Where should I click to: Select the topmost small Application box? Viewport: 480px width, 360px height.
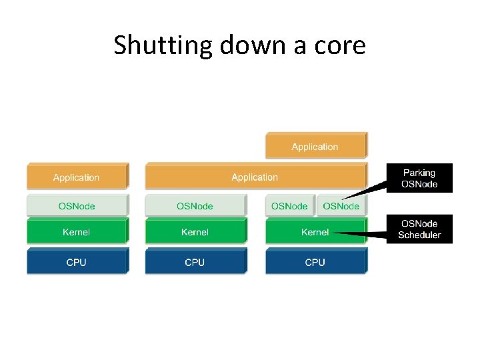(x=315, y=146)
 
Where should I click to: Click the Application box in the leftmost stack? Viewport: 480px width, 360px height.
(x=76, y=177)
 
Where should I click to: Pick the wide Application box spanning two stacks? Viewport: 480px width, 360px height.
(x=255, y=177)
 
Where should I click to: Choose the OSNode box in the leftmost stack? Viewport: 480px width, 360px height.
(x=76, y=206)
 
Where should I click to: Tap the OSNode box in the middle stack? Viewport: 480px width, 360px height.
(x=195, y=206)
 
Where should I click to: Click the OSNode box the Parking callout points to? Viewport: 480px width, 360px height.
(x=341, y=206)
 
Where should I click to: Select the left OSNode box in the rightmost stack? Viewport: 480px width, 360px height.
(x=290, y=206)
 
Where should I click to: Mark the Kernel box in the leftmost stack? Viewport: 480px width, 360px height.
(x=76, y=232)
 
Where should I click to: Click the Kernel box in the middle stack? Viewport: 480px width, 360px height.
(x=195, y=232)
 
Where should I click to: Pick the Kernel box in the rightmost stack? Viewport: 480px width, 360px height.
(x=315, y=232)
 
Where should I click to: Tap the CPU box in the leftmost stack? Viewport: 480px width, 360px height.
(x=76, y=262)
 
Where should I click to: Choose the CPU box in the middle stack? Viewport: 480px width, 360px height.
(x=195, y=262)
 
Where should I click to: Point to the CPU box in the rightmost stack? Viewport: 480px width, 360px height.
(x=315, y=262)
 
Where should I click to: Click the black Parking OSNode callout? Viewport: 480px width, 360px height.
(x=419, y=179)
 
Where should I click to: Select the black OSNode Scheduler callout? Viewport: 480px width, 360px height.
(x=419, y=229)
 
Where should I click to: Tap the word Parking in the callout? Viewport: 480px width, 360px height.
(x=419, y=173)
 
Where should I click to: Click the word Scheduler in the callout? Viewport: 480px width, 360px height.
(x=419, y=235)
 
